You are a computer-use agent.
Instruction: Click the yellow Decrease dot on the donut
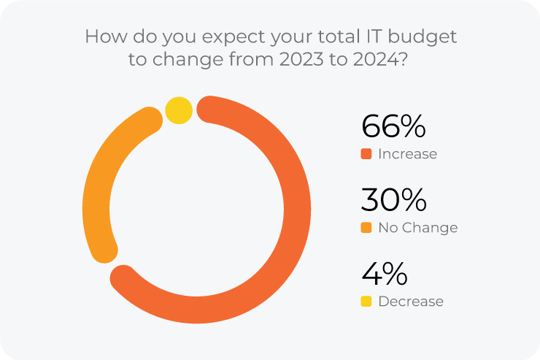(179, 111)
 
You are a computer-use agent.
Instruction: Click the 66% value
(393, 127)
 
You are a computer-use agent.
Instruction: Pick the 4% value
(385, 275)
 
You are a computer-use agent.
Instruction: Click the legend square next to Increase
(366, 154)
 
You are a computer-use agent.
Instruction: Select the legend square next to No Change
(366, 228)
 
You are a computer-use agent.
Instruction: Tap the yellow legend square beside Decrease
(366, 302)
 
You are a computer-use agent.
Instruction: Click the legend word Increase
(407, 154)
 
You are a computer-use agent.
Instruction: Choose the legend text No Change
(417, 228)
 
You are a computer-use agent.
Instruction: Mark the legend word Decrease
(410, 302)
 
